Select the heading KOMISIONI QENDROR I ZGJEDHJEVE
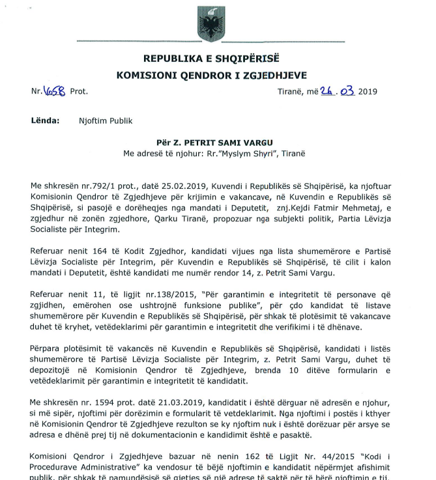(211, 76)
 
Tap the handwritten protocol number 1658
(54, 91)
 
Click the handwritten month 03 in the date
(345, 91)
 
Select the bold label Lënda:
(45, 120)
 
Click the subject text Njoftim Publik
(105, 120)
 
